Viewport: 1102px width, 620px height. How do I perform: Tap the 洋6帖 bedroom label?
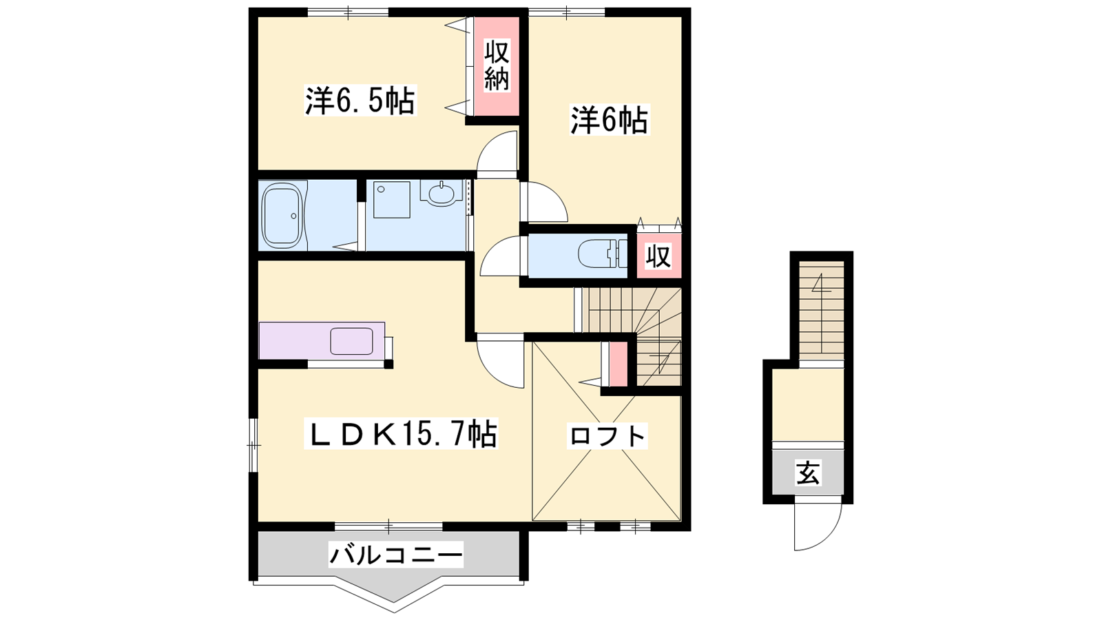click(x=610, y=120)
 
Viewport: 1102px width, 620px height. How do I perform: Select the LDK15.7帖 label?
click(x=401, y=433)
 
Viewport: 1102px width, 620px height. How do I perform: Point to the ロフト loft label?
click(x=607, y=436)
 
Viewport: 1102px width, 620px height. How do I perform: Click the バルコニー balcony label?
click(x=396, y=555)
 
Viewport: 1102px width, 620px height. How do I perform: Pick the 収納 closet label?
click(x=497, y=65)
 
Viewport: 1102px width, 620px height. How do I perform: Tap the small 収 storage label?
click(x=658, y=256)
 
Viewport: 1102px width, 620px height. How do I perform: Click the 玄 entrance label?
click(x=807, y=473)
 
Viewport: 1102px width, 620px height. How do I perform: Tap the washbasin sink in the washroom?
click(x=441, y=194)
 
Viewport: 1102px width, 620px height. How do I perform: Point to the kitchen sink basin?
click(x=351, y=341)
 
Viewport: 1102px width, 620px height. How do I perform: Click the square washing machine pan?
click(x=392, y=200)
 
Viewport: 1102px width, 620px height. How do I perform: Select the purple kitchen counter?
click(x=322, y=340)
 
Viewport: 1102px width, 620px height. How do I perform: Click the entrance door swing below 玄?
click(x=818, y=526)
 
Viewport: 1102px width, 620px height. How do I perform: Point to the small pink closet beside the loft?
click(x=619, y=364)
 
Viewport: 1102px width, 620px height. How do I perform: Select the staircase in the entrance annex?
click(x=821, y=310)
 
